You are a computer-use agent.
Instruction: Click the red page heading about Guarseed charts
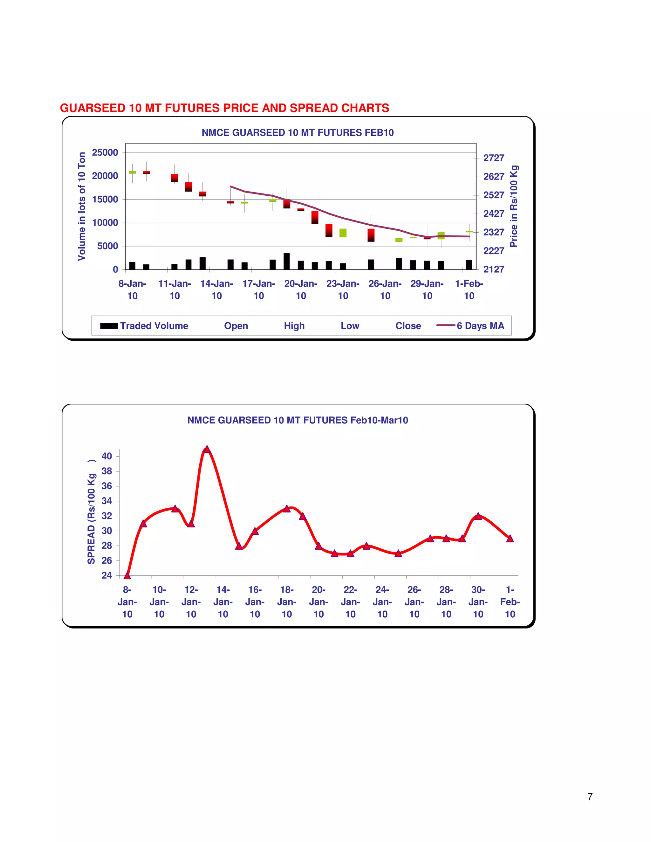click(224, 108)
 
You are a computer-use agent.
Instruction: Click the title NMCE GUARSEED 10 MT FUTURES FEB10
click(297, 132)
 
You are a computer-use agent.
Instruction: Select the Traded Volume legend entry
click(144, 326)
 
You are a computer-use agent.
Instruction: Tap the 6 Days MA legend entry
click(470, 326)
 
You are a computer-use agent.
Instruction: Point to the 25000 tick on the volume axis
click(105, 153)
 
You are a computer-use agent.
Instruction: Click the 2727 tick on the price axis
click(494, 158)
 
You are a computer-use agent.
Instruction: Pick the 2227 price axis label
click(494, 251)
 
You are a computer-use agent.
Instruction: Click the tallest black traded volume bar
click(286, 261)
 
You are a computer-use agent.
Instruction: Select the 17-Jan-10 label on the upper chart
click(259, 289)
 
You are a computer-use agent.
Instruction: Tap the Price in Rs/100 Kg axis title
click(514, 206)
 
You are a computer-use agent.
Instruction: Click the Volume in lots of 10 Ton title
click(81, 206)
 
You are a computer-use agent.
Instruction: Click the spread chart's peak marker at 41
click(207, 449)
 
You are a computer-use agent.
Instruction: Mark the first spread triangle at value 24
click(127, 576)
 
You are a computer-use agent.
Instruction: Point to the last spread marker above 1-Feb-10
click(510, 539)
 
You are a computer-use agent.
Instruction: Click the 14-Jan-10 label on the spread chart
click(223, 602)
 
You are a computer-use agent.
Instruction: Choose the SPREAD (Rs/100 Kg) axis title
click(92, 512)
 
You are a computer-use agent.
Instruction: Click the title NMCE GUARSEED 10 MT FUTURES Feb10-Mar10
click(297, 420)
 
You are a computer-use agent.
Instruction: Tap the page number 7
click(590, 797)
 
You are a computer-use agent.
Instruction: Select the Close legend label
click(408, 326)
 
